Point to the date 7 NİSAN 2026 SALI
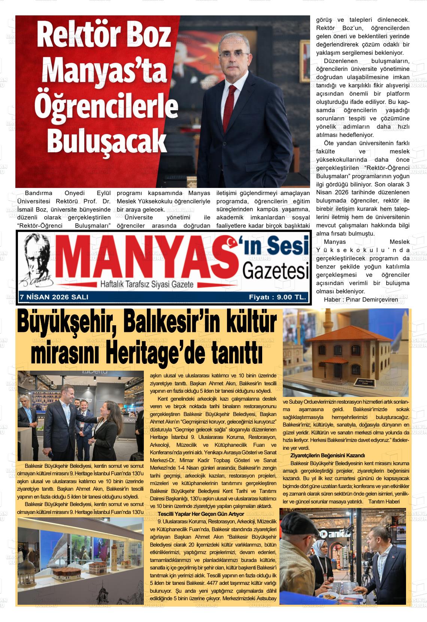(54, 297)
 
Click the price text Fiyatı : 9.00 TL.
(278, 297)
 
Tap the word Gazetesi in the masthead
(275, 271)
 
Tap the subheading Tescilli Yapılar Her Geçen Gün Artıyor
(201, 514)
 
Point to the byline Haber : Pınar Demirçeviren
(361, 299)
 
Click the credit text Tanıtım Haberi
(384, 502)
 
